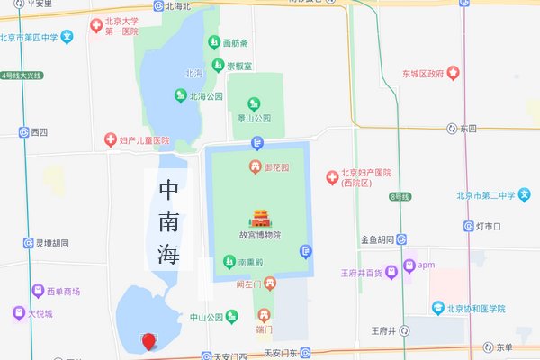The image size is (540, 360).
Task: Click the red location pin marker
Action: click(149, 341)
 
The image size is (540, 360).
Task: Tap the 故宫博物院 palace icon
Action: click(259, 219)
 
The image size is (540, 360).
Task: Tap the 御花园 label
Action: click(275, 167)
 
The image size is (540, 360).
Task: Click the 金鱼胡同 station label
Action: click(377, 239)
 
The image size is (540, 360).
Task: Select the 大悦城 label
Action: click(40, 314)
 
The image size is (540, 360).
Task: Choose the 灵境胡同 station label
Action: click(52, 243)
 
